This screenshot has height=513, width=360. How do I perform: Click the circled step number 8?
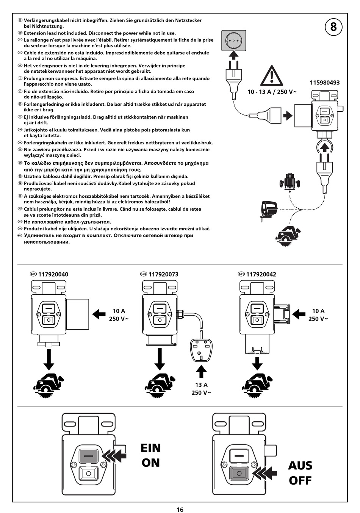click(333, 27)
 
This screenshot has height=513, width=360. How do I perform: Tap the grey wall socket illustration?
click(233, 40)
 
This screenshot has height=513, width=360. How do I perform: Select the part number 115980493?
click(324, 83)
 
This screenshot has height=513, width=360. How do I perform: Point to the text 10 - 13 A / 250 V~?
click(272, 92)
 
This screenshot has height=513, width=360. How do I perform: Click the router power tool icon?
click(290, 182)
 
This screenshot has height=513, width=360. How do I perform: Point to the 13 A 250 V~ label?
click(201, 389)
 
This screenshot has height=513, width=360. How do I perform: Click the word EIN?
click(150, 448)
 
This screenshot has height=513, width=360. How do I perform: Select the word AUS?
click(300, 466)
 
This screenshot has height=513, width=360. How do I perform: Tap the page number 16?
click(180, 510)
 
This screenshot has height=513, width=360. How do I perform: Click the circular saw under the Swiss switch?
click(257, 387)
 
